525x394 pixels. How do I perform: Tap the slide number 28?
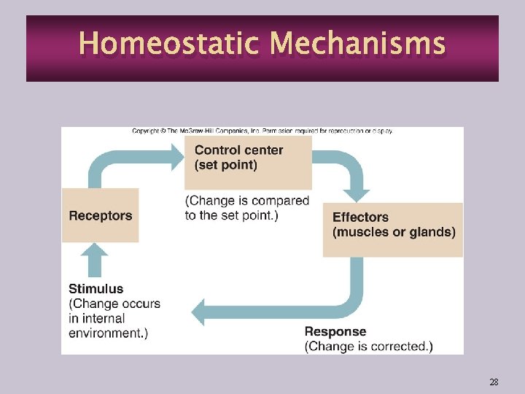tap(494, 382)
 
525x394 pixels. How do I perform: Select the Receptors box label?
tap(100, 216)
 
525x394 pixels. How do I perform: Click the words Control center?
tap(238, 150)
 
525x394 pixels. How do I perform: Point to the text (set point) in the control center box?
tap(225, 165)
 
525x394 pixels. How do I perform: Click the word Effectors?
tap(360, 217)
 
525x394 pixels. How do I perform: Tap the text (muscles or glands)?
tap(394, 232)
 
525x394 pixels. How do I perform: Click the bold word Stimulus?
tap(96, 289)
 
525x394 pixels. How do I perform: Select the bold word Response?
tap(335, 331)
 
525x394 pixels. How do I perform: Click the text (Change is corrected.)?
tap(368, 347)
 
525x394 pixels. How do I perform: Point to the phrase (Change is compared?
tap(247, 201)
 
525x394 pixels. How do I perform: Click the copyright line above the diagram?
tap(262, 131)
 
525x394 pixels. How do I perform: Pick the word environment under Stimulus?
tap(105, 333)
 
